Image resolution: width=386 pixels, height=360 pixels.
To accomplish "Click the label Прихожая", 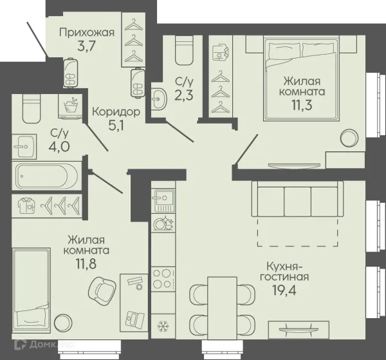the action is click(x=87, y=32).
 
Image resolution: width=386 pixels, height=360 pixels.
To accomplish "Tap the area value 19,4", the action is click(x=284, y=290).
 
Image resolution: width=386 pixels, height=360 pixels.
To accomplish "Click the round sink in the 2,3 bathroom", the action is click(x=158, y=99).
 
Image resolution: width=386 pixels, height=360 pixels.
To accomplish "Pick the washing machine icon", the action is click(x=70, y=106).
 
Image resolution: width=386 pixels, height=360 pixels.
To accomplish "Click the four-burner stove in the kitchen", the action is click(x=163, y=279).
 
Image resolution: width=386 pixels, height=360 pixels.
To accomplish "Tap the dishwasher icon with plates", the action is click(x=163, y=223).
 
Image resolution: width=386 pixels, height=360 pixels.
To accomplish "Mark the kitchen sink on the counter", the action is click(x=164, y=200).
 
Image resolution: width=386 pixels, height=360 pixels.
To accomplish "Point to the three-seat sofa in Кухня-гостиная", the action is click(x=297, y=198).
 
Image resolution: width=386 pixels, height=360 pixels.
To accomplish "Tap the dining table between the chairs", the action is click(x=223, y=305).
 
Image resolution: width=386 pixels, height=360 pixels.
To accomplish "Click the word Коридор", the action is click(x=116, y=112).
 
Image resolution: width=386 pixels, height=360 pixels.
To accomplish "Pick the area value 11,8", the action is click(x=86, y=263).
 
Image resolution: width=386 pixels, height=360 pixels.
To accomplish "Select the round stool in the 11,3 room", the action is click(x=349, y=138).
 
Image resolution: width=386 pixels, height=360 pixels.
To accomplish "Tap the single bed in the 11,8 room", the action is click(x=31, y=290).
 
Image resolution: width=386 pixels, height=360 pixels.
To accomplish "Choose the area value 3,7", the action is click(x=86, y=46).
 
